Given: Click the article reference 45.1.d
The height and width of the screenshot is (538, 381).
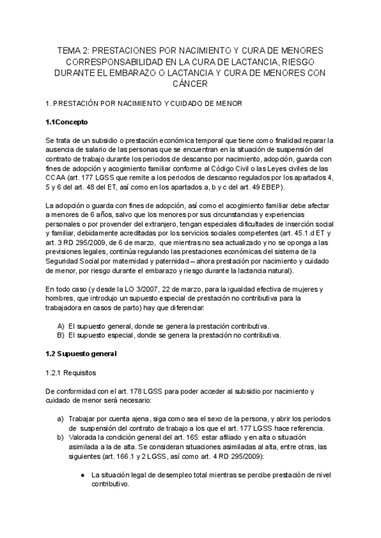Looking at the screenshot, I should [x=302, y=233].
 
